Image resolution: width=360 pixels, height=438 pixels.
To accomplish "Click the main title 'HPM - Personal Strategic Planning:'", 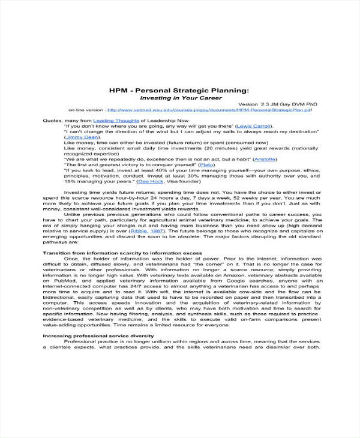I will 178,89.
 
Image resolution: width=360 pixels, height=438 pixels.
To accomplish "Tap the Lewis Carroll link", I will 253,127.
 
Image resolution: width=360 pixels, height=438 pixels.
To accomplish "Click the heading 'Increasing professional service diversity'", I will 98,335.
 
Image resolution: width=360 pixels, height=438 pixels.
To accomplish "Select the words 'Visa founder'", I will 184,181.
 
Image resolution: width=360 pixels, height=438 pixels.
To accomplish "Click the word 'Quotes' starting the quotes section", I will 52,121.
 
